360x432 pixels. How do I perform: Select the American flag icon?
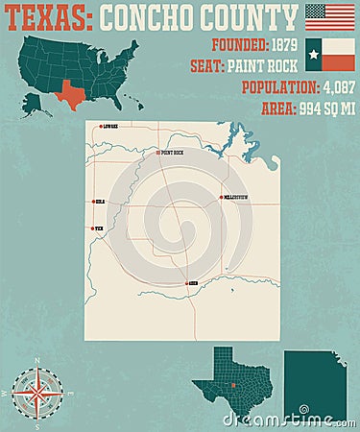click(329, 16)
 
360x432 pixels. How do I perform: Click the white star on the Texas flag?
click(314, 55)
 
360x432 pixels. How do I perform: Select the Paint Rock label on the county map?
click(172, 153)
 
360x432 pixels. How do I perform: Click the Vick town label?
click(99, 228)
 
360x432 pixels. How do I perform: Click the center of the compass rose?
click(37, 393)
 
